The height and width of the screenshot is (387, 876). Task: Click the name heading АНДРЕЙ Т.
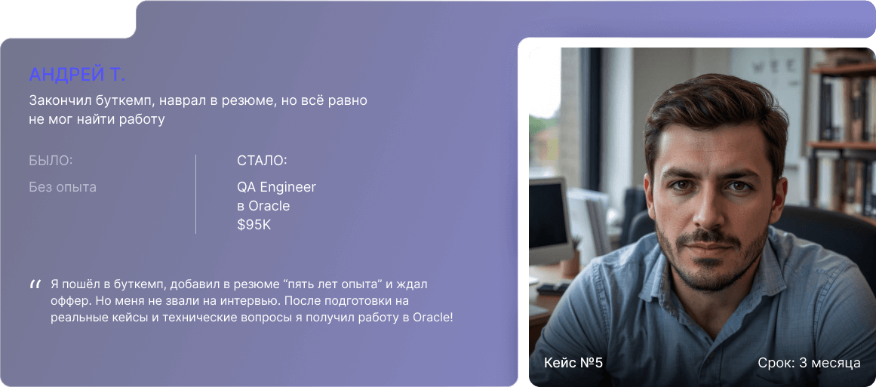click(x=77, y=75)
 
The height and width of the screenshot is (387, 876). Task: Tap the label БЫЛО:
click(x=51, y=161)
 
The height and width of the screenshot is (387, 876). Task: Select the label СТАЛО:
click(x=262, y=161)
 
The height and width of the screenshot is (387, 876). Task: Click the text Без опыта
click(x=63, y=187)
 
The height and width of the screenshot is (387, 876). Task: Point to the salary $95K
click(x=254, y=225)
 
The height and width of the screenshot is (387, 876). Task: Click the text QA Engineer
click(x=277, y=188)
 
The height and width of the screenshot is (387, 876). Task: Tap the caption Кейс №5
click(x=573, y=363)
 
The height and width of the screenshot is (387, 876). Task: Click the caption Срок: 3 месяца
click(x=809, y=363)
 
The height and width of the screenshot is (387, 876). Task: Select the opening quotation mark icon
click(x=35, y=285)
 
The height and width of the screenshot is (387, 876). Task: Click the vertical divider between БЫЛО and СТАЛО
click(x=195, y=194)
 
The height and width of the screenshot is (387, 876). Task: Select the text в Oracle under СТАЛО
click(x=263, y=206)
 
